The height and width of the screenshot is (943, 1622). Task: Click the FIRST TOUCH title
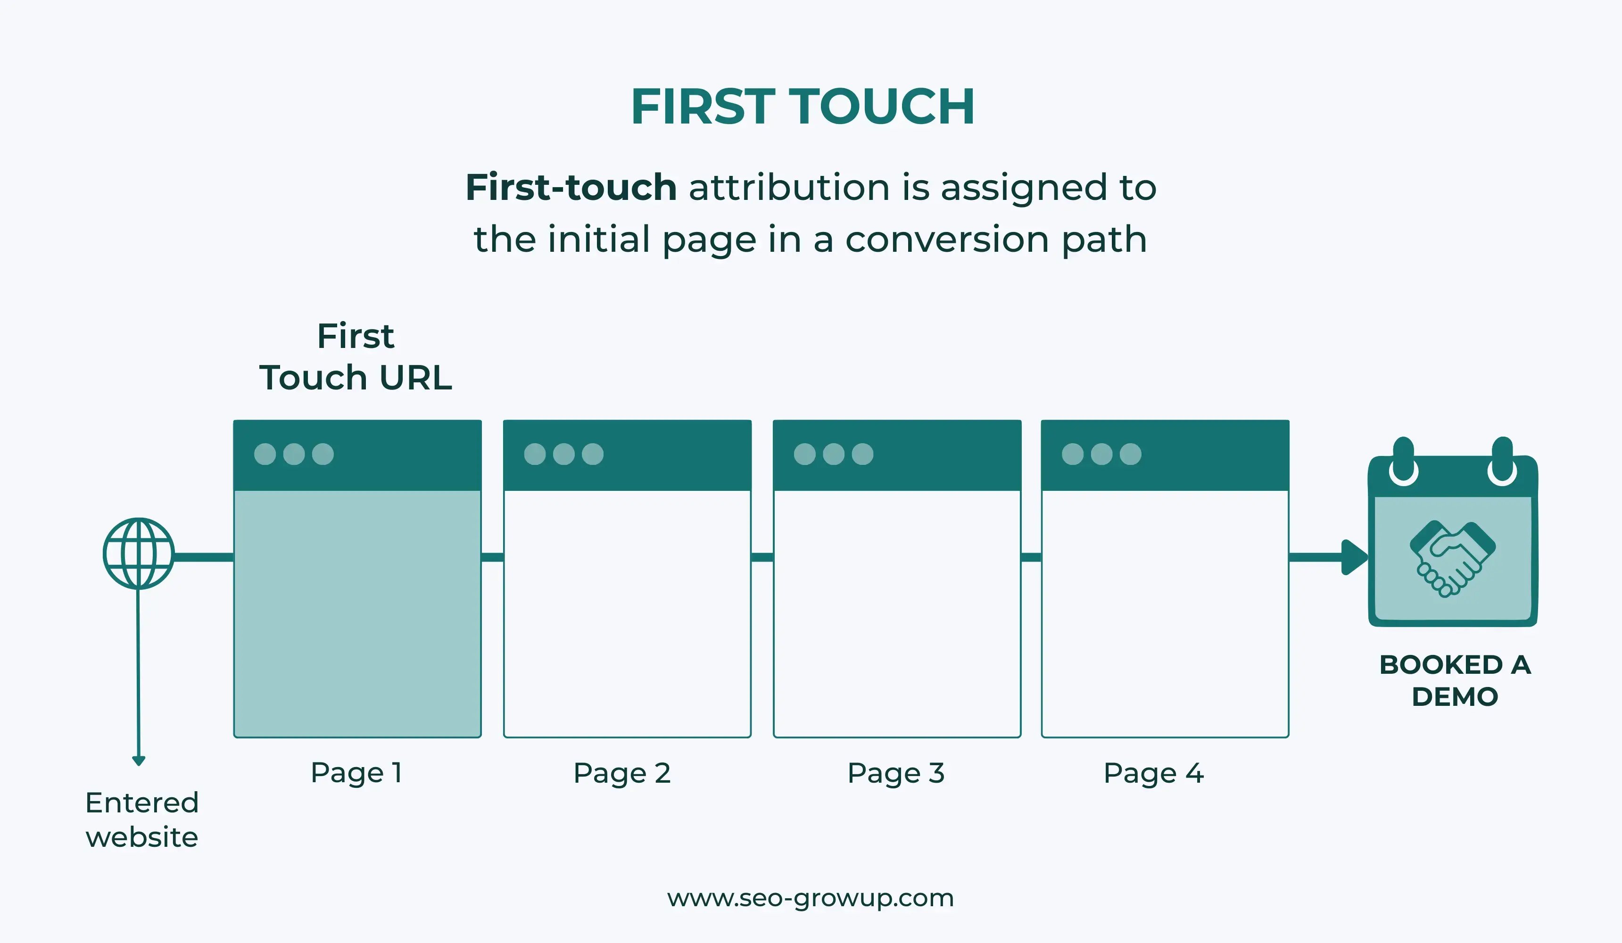tap(803, 107)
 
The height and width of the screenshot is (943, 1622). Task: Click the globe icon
tap(138, 554)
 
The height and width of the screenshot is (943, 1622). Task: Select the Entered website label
tap(141, 819)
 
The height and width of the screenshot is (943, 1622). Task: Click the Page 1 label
tap(356, 772)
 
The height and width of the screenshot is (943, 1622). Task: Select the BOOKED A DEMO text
tap(1455, 680)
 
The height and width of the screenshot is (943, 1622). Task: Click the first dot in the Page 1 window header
tap(265, 454)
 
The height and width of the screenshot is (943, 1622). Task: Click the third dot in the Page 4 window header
tap(1130, 454)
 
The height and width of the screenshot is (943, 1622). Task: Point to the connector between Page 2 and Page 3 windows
tap(762, 557)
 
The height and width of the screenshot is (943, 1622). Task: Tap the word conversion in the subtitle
tap(947, 240)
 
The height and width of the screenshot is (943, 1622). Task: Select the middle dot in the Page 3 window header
tap(834, 454)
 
